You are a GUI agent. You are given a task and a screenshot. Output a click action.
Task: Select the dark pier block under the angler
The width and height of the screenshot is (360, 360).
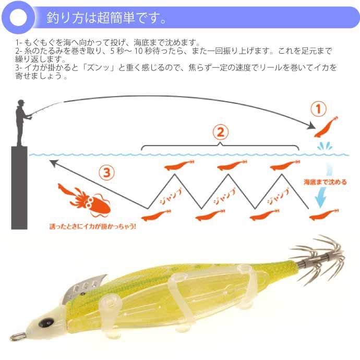click(x=19, y=188)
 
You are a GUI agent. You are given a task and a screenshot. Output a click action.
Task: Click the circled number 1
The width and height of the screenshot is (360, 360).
click(x=318, y=109)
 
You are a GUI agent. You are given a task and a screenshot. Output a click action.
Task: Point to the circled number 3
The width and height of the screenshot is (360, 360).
click(x=106, y=172)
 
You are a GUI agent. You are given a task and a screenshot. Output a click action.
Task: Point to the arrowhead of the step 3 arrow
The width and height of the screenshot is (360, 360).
click(x=53, y=164)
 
